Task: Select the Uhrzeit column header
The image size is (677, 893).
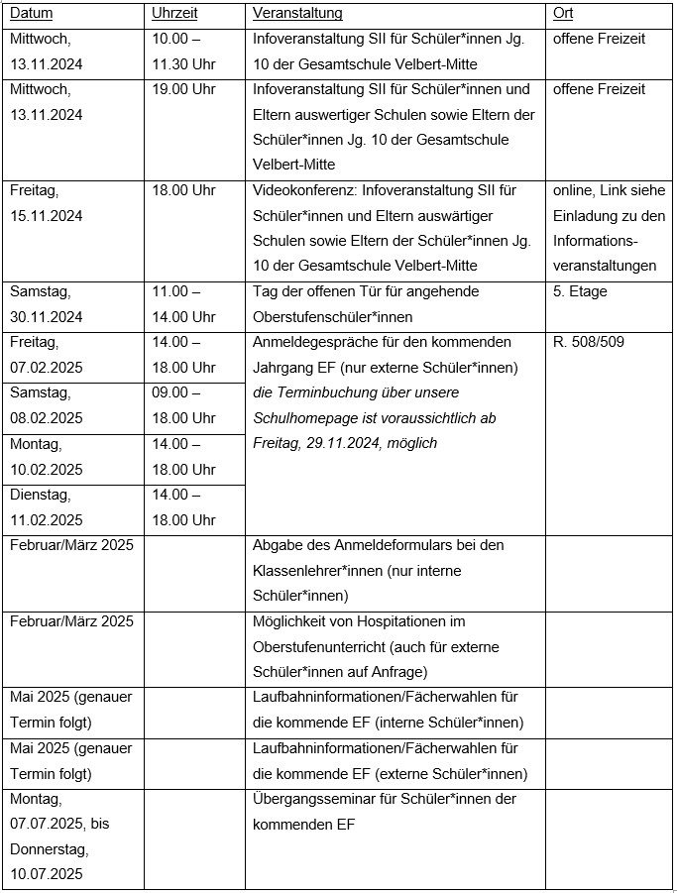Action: point(174,14)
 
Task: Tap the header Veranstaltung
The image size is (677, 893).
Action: point(297,14)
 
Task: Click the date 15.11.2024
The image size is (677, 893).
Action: point(47,215)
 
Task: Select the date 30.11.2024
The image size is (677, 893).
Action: point(47,317)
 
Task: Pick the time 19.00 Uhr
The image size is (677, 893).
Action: point(183,89)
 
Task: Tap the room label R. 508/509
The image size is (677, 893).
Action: point(589,342)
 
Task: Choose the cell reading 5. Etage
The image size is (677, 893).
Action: point(580,291)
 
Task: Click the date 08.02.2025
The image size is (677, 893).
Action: point(47,418)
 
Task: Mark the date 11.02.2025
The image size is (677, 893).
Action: point(47,519)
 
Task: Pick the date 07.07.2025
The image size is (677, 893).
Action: point(47,824)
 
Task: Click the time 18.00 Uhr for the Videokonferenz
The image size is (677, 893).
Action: point(183,190)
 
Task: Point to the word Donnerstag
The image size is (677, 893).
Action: point(49,849)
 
